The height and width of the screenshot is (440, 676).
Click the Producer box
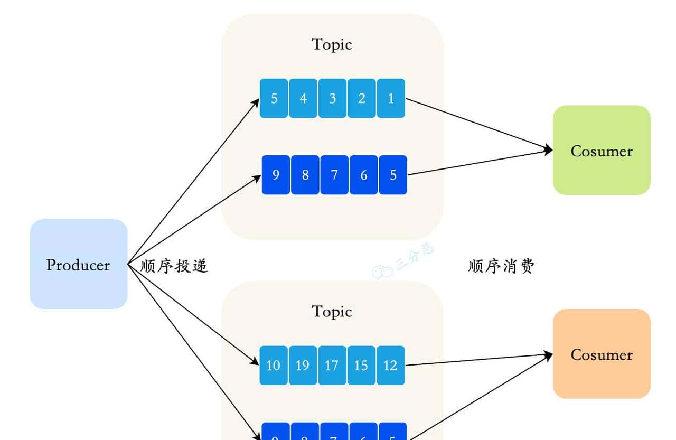78,264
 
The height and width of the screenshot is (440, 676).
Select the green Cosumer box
602,151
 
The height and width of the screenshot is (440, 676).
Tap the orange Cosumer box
602,354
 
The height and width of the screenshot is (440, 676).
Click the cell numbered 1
391,98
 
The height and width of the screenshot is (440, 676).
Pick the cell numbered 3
332,98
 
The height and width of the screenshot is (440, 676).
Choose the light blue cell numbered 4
303,98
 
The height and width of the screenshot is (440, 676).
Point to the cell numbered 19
303,365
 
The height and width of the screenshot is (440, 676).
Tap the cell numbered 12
391,365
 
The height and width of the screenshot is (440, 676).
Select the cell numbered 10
274,365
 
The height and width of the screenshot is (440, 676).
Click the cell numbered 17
332,365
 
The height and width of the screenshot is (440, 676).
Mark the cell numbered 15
361,365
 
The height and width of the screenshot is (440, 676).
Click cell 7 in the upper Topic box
334,175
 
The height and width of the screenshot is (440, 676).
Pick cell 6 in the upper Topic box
363,175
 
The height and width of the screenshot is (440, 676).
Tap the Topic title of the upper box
332,44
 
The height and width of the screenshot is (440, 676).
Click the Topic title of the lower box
332,311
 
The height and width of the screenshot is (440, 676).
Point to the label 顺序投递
174,266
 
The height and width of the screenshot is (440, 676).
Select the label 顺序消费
501,266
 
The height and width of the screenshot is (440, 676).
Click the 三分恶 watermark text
415,258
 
